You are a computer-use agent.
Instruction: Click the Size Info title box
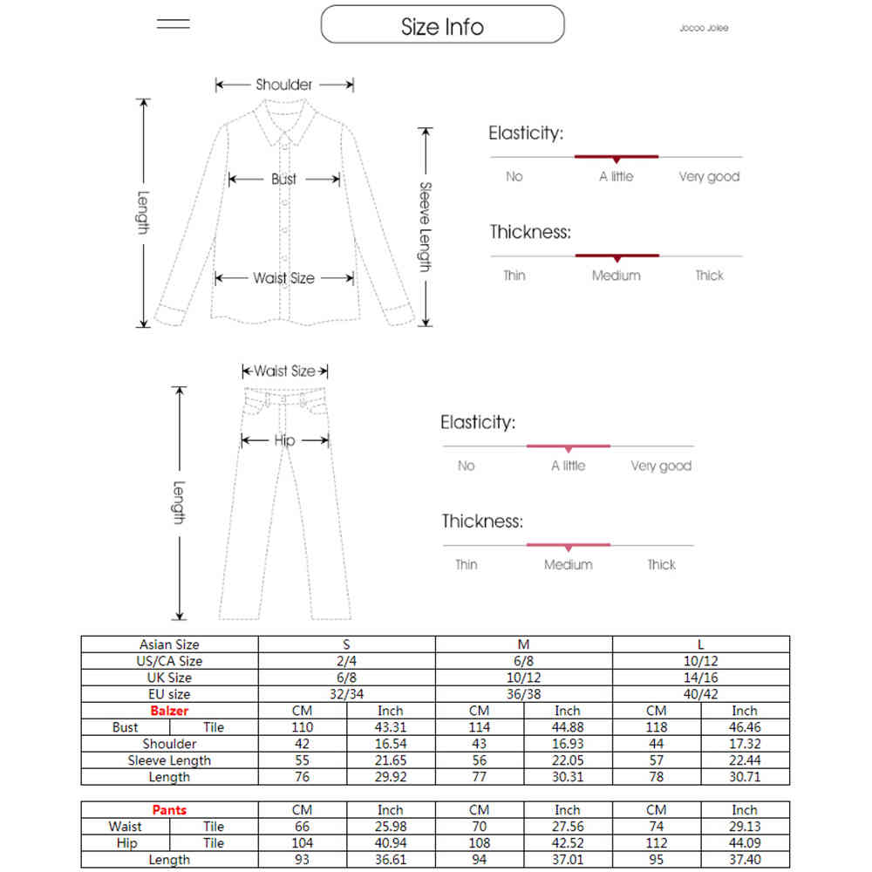[442, 25]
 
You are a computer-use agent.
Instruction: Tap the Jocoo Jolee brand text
[704, 28]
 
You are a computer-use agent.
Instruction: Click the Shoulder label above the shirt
[283, 85]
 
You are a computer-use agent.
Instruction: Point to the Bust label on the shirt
[283, 179]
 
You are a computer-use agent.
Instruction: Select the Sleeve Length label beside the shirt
[425, 227]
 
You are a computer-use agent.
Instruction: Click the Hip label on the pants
[284, 440]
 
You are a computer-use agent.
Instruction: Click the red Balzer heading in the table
[169, 711]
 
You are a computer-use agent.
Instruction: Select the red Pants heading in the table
[169, 810]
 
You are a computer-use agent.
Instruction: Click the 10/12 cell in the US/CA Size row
[701, 661]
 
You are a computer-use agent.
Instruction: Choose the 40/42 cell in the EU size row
[701, 694]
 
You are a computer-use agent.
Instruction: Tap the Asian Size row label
[169, 644]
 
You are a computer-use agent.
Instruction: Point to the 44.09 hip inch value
[745, 843]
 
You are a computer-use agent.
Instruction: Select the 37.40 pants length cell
[745, 860]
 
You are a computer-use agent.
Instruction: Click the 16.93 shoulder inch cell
[567, 744]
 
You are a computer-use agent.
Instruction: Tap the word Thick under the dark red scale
[709, 276]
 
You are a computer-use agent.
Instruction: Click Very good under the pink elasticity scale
[661, 466]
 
